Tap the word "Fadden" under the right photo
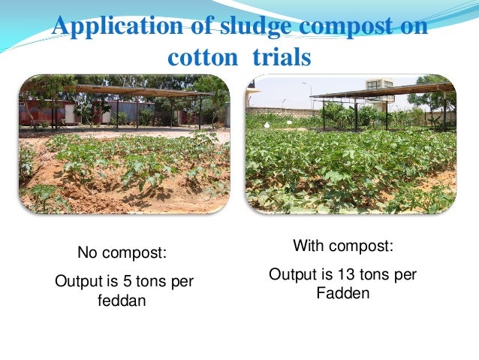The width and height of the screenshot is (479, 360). (342, 294)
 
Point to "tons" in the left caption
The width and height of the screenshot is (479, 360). (171, 281)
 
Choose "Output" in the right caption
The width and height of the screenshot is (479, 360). (292, 275)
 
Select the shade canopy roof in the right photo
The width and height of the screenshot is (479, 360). (383, 92)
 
